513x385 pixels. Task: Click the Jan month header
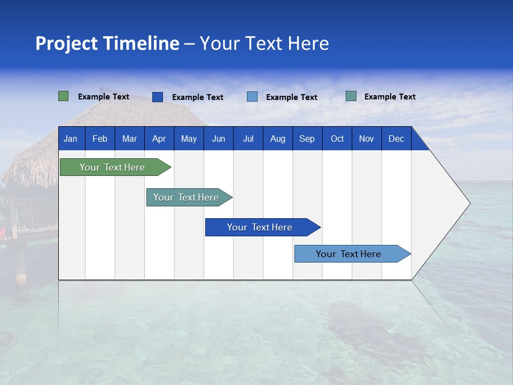71,139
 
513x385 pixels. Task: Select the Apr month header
159,139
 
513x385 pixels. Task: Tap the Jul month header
248,139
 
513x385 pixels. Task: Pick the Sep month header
307,139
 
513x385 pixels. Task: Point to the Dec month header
396,139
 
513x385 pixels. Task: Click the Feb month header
100,139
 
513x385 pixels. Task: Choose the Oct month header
337,139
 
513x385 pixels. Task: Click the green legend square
64,96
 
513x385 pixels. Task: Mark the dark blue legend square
158,97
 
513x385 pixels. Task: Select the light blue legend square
252,97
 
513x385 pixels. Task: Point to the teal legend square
351,96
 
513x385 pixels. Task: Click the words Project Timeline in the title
107,43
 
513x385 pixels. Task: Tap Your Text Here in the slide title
265,43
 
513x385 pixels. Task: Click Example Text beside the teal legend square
390,97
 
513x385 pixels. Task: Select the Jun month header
219,139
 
